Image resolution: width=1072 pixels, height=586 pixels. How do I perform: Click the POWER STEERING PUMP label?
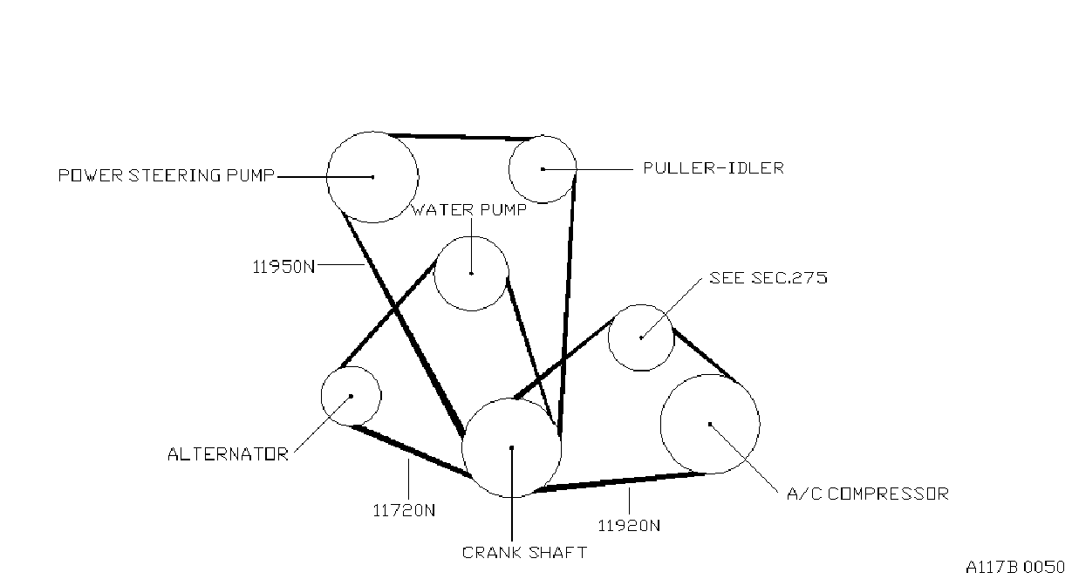tap(166, 175)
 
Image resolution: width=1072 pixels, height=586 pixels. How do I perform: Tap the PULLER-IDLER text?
tap(714, 168)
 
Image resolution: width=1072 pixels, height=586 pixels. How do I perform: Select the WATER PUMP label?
tap(468, 210)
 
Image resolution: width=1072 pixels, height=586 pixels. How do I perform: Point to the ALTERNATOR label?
tap(228, 454)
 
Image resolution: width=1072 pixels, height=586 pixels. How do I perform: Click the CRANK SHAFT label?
tap(524, 553)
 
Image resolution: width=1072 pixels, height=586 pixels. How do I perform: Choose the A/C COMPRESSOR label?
tap(867, 494)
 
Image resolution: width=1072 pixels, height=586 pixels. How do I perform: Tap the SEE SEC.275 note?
tap(768, 278)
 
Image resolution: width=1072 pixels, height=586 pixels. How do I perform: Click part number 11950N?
tap(283, 267)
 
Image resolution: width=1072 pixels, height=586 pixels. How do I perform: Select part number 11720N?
tap(404, 511)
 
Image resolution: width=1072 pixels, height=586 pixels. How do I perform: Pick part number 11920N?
tap(629, 526)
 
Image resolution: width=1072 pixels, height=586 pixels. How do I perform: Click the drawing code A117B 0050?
tap(1015, 567)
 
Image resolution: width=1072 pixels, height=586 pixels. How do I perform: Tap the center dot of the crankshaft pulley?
tap(512, 447)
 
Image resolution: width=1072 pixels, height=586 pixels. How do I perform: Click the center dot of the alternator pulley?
tap(352, 396)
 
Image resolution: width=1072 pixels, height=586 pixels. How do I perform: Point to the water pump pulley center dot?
tap(471, 274)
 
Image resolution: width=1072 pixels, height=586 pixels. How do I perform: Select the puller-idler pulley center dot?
tap(543, 169)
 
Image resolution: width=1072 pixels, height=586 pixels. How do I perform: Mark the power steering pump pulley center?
tap(372, 177)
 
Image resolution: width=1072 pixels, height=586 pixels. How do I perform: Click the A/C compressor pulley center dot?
tap(710, 425)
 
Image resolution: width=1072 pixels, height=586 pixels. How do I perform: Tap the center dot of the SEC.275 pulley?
tap(641, 337)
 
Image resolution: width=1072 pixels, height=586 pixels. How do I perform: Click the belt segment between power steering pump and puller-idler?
tap(461, 137)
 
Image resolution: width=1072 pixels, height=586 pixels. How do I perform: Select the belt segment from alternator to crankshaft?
tap(412, 451)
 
